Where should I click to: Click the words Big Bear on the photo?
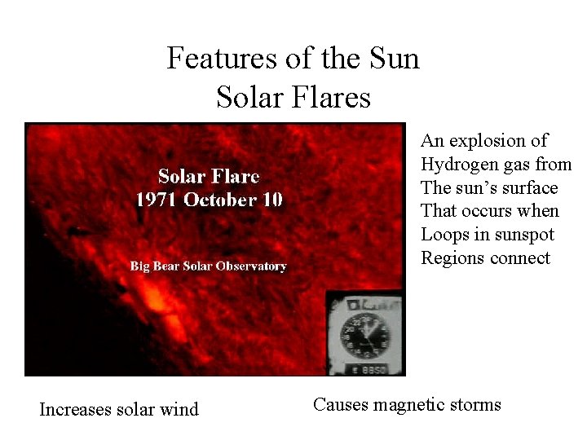pyautogui.click(x=154, y=266)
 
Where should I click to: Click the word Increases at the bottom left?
pyautogui.click(x=76, y=409)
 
